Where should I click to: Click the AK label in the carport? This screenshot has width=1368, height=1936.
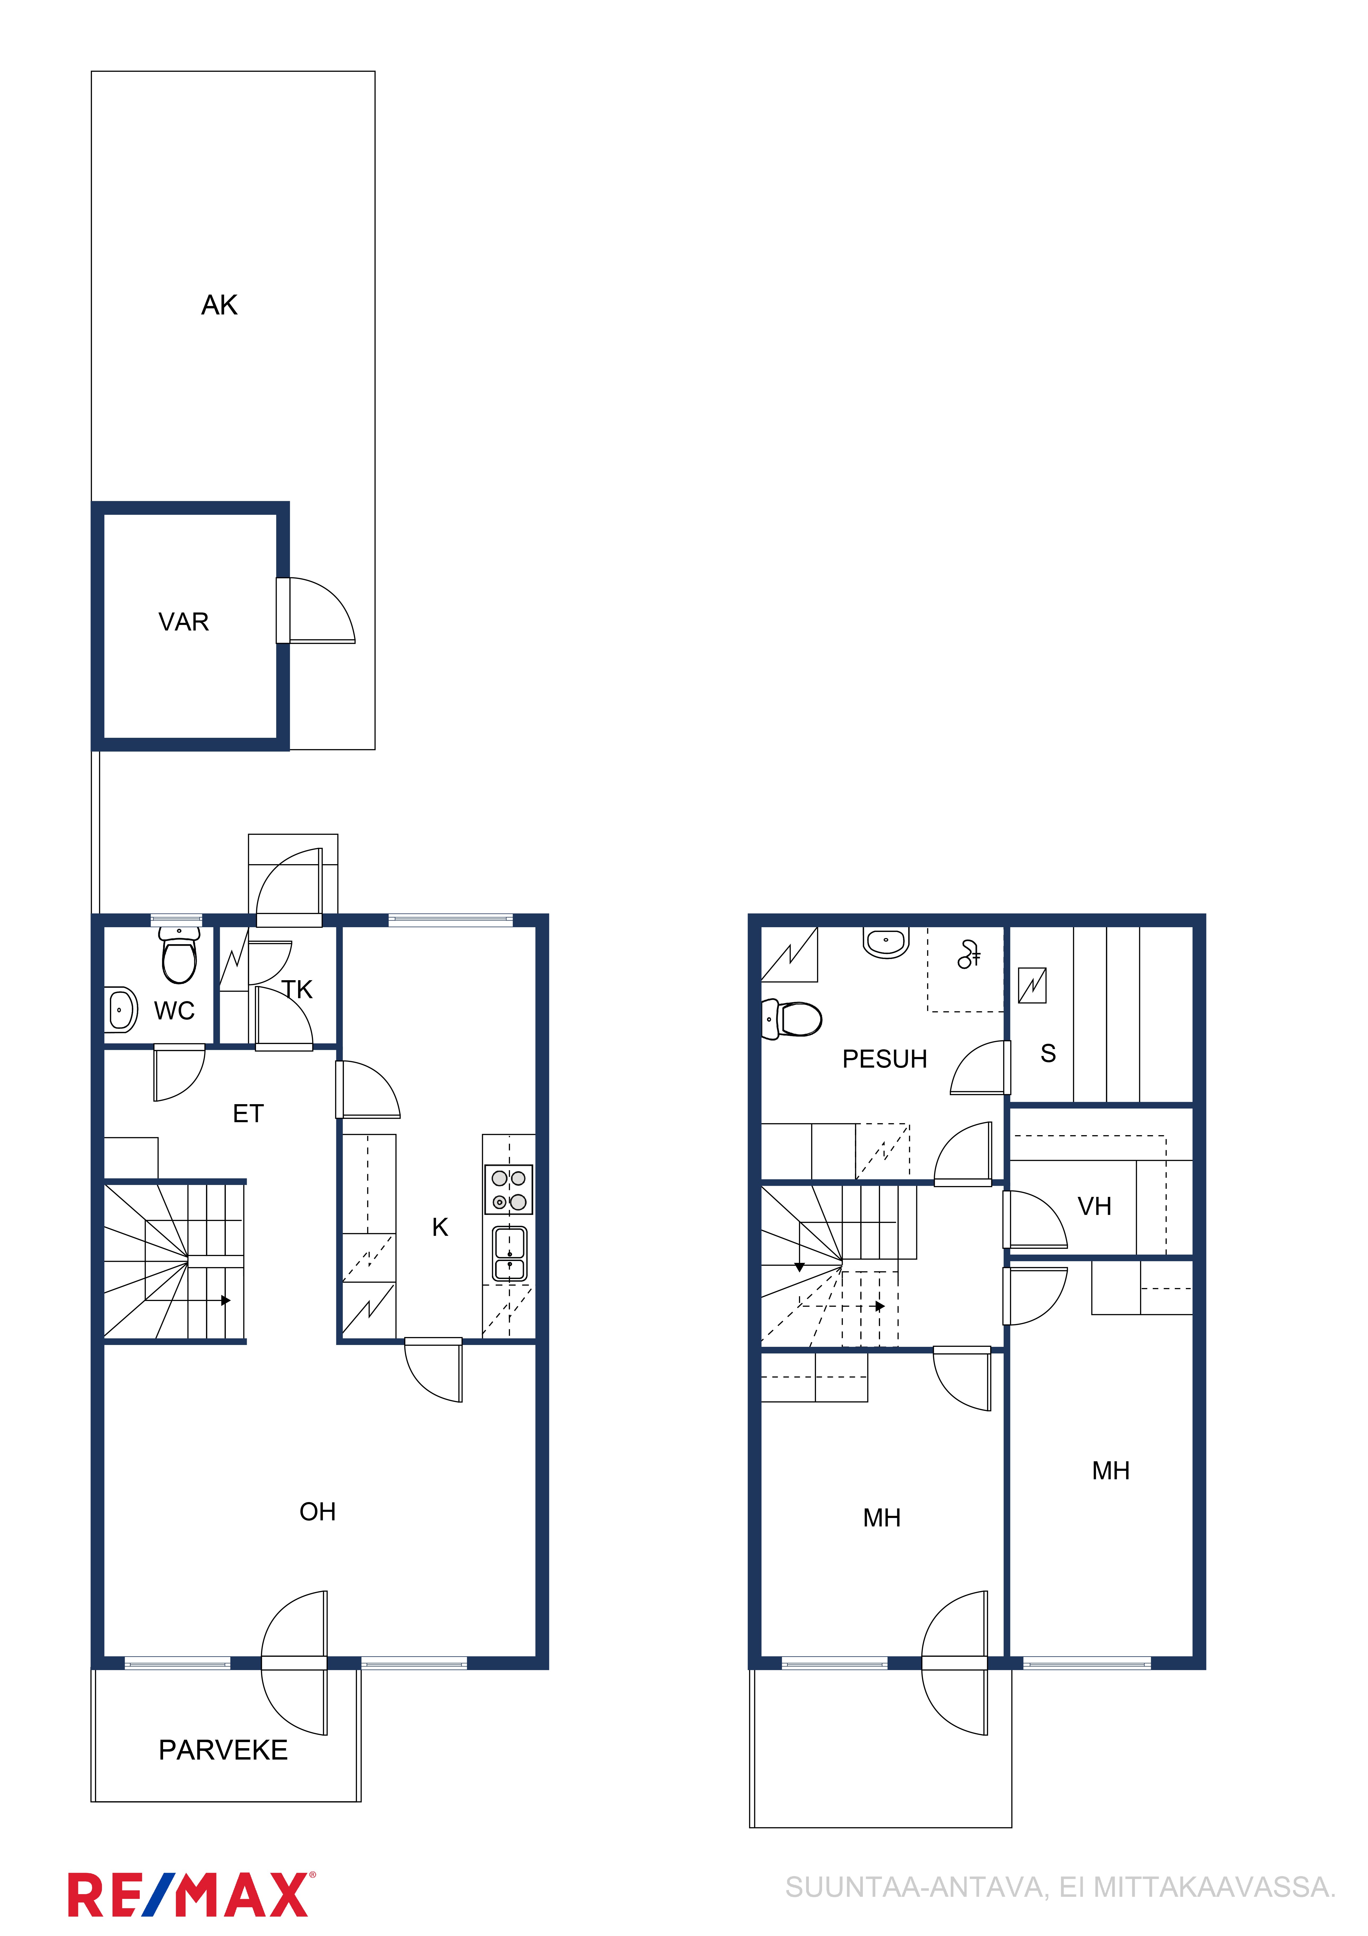219,305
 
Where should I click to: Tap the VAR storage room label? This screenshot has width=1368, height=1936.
184,622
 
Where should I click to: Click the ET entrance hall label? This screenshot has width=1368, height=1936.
248,1114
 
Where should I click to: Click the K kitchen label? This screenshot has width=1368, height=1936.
440,1228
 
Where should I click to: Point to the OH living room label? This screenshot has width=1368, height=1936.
318,1512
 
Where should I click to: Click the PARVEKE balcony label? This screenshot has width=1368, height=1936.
223,1751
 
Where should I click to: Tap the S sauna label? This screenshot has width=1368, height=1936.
1048,1053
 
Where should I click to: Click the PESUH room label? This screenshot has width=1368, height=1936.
885,1059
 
